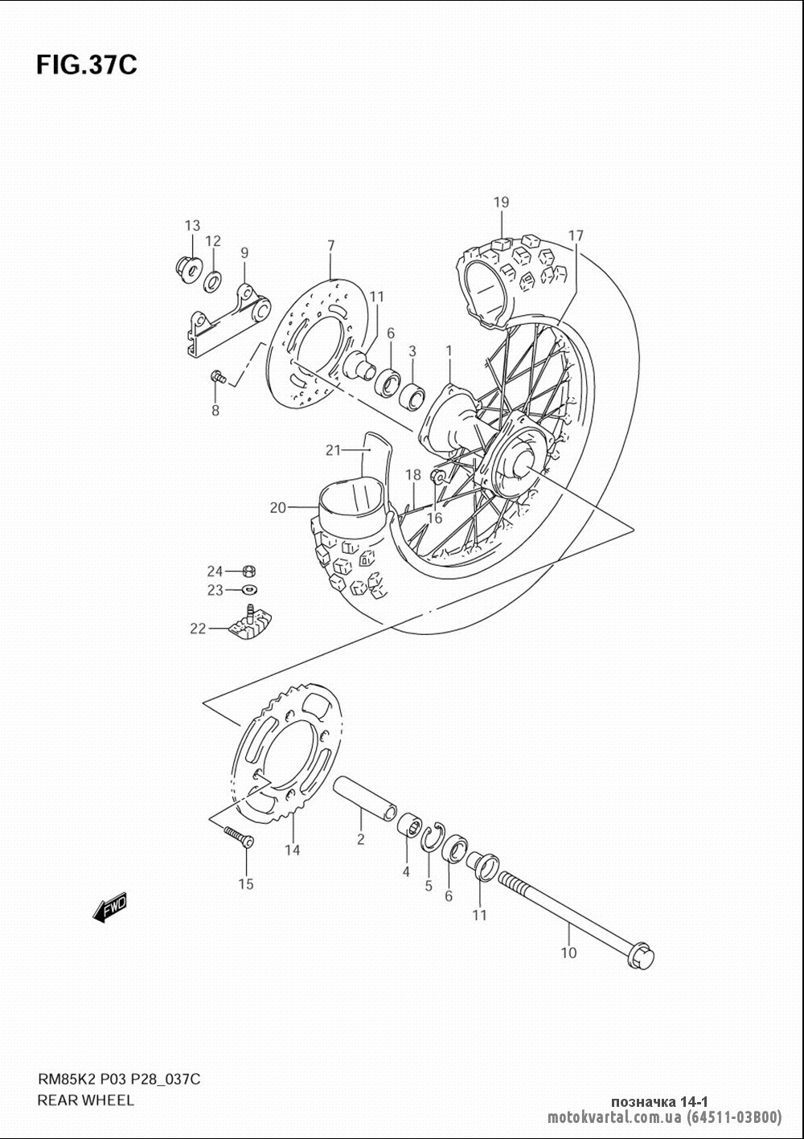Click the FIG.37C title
point(87,65)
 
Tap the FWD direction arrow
point(109,908)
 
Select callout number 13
point(192,225)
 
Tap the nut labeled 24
point(248,571)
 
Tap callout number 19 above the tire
point(502,203)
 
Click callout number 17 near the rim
point(576,236)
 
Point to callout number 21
point(333,450)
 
